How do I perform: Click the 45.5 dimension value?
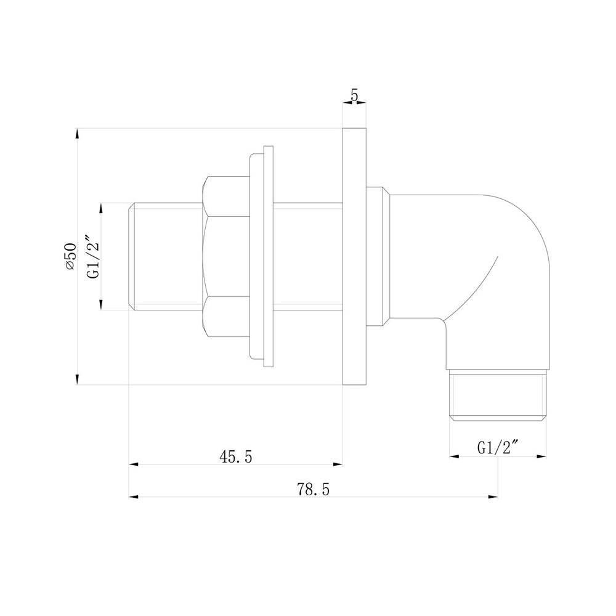point(237,456)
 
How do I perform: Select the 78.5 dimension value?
point(314,489)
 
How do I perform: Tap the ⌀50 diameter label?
point(70,256)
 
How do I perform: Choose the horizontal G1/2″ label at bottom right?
point(498,448)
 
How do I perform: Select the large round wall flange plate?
point(354,256)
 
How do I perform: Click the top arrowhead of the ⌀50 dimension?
point(77,133)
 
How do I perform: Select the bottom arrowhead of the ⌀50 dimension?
point(77,380)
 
